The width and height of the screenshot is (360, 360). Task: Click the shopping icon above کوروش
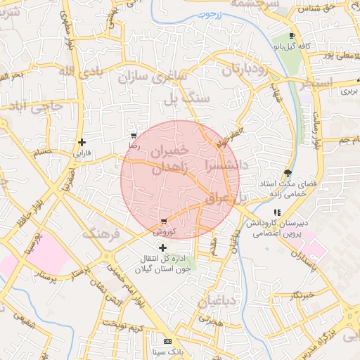pos(164,221)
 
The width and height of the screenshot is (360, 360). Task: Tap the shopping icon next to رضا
pos(134,136)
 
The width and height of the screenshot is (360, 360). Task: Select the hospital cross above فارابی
pos(82,142)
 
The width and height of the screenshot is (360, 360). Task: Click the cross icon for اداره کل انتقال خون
pos(163,247)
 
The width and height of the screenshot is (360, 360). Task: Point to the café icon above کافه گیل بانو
pos(292,36)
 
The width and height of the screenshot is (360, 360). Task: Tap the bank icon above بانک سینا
pos(167,341)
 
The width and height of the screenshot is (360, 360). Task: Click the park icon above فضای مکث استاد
pos(288,173)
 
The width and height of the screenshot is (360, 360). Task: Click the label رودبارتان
pos(245,70)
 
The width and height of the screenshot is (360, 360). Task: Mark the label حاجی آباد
pos(32,105)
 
